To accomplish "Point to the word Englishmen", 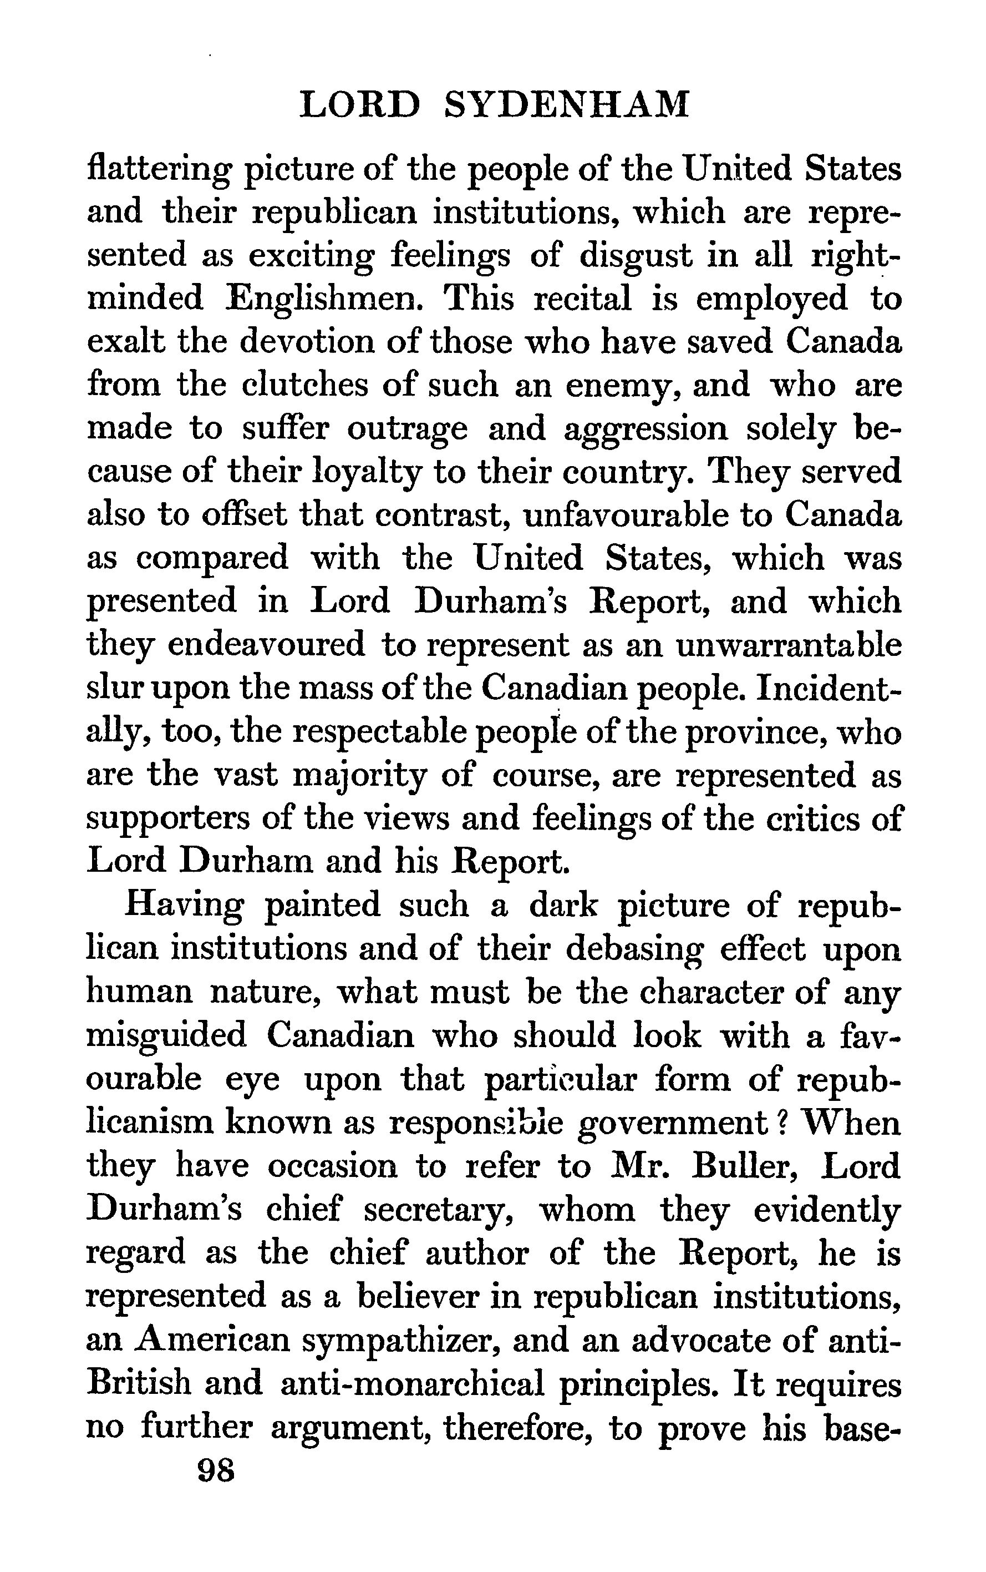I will point(321,300).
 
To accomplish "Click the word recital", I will point(582,300).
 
